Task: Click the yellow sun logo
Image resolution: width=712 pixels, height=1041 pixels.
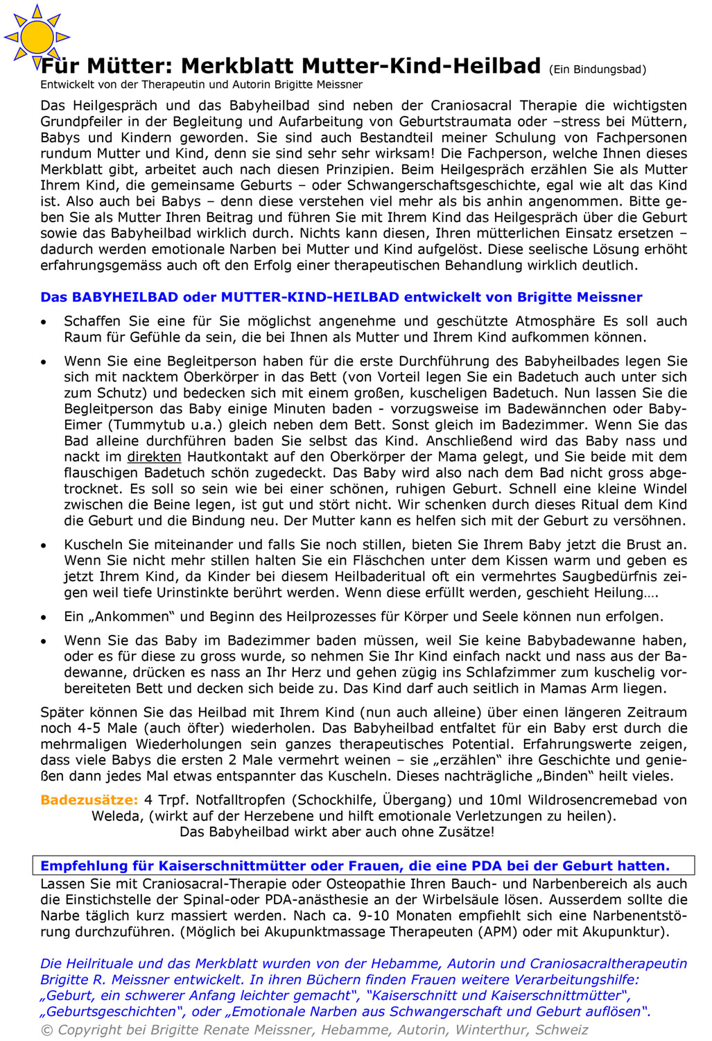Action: click(36, 37)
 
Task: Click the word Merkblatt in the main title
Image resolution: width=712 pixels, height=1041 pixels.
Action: click(239, 67)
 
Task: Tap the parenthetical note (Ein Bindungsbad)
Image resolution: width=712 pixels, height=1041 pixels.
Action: click(597, 69)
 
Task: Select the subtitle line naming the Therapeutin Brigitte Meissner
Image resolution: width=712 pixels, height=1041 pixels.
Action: click(201, 85)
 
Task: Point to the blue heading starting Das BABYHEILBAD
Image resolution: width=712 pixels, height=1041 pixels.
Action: click(341, 297)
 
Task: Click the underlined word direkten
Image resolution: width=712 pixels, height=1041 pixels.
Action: click(154, 457)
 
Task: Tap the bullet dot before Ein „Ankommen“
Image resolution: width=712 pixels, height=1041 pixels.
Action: click(44, 618)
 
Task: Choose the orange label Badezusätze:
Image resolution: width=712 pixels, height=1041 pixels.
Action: click(89, 800)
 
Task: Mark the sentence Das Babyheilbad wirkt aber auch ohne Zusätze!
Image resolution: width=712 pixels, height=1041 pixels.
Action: click(337, 832)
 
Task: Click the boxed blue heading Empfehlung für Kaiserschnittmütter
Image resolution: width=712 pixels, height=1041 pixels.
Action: click(354, 866)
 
